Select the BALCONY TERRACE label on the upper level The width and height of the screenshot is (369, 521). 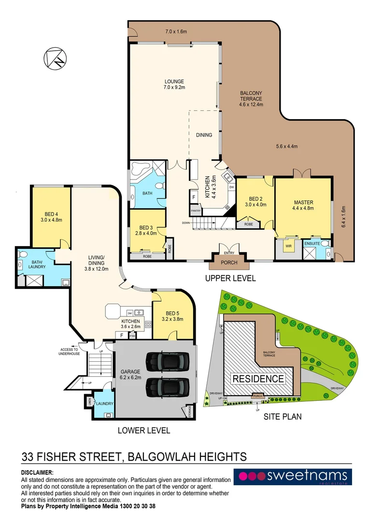(x=251, y=98)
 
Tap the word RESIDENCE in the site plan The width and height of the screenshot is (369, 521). (x=259, y=379)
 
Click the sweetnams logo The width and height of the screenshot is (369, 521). (x=293, y=477)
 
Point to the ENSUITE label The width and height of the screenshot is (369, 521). (x=312, y=244)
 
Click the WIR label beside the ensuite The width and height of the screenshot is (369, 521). (x=288, y=246)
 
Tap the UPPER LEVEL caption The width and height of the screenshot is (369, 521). (x=230, y=278)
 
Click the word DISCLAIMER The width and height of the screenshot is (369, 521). (x=38, y=473)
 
